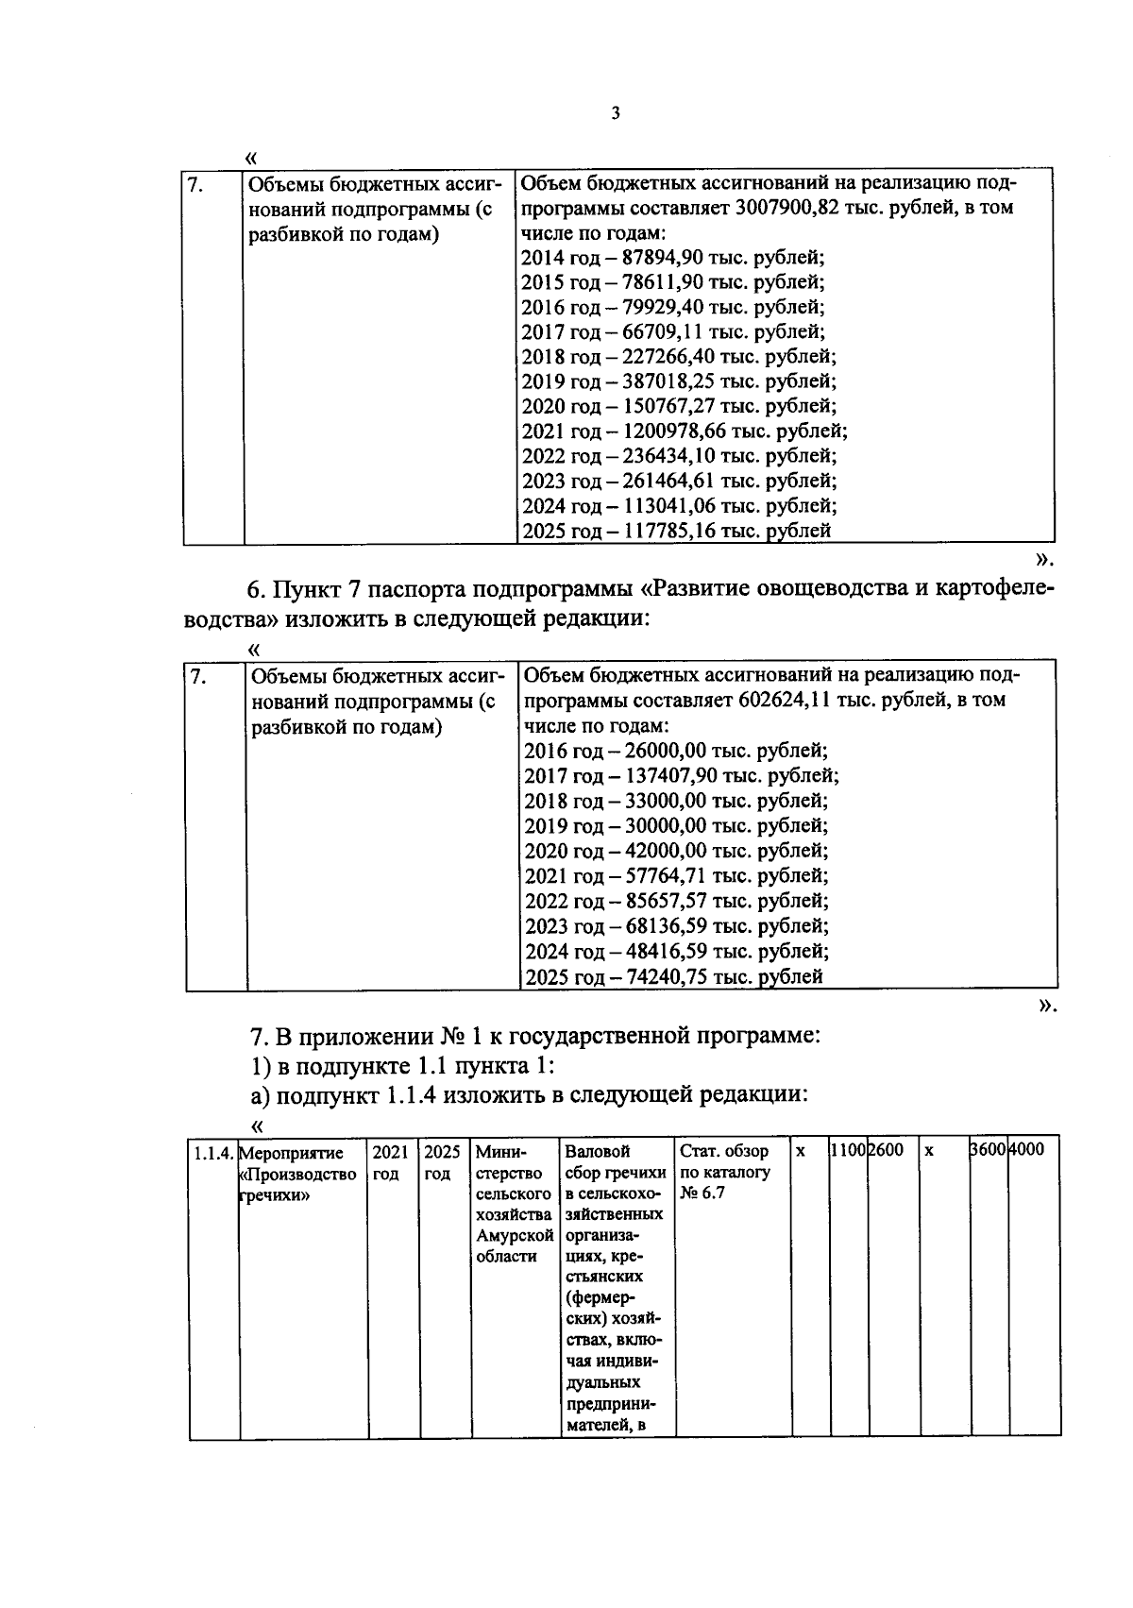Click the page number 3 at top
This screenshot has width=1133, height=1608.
pos(616,113)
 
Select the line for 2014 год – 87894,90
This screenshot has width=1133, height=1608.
pos(673,258)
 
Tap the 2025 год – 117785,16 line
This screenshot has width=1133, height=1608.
pos(676,531)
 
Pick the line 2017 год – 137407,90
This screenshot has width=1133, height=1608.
pos(681,776)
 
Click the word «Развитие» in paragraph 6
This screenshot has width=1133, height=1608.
pos(694,590)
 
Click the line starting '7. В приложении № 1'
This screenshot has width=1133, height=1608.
pos(534,1037)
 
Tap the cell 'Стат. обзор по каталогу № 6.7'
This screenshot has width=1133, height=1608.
pos(725,1174)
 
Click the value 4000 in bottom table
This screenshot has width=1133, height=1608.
pos(1026,1151)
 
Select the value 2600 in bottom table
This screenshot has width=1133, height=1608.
pos(886,1151)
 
